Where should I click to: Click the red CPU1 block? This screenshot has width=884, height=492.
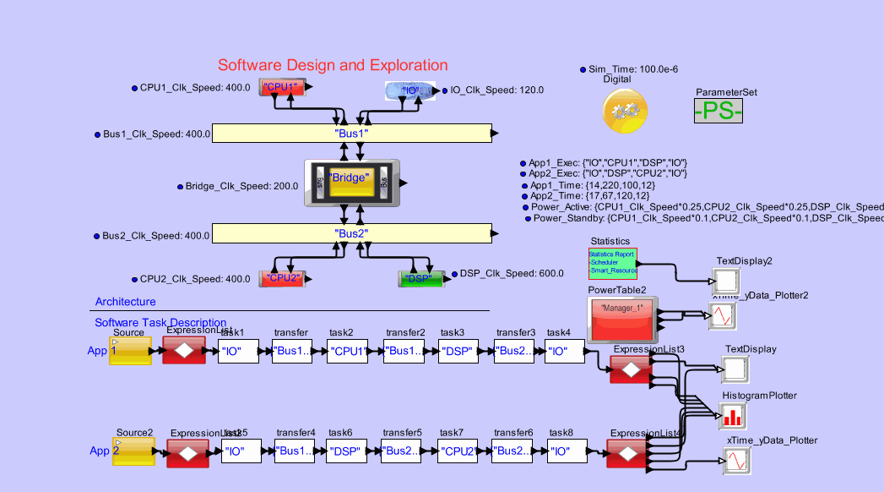281,87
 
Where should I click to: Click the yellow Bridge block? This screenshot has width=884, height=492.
351,182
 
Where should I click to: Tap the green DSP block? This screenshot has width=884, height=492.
420,278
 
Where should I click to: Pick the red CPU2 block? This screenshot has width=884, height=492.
281,278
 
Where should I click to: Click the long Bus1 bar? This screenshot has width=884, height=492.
351,134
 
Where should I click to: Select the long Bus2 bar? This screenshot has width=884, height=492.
351,233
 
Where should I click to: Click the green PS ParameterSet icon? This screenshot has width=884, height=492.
718,111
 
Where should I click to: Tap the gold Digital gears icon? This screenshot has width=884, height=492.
626,111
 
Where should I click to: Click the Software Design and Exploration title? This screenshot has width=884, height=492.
333,65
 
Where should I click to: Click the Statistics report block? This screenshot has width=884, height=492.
612,264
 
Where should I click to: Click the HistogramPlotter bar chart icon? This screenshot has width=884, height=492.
732,415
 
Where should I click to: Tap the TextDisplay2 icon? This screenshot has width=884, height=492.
726,280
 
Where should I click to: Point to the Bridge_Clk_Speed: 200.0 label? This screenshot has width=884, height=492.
241,186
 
